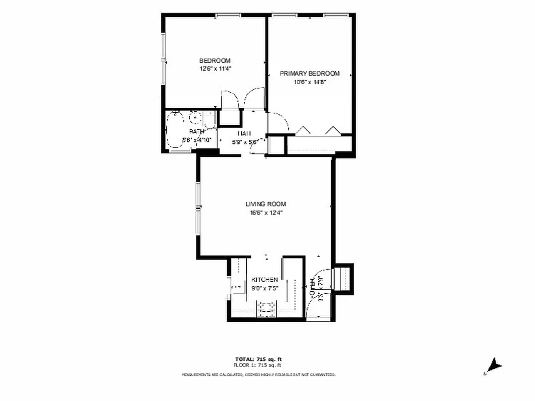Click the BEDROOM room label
(215, 61)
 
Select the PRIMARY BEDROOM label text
(310, 74)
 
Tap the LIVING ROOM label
(265, 204)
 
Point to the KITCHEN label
(264, 279)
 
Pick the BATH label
(190, 132)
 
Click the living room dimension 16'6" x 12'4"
(265, 213)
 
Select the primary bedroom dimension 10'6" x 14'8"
(310, 82)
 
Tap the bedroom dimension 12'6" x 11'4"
(215, 69)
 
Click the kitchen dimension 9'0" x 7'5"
(265, 288)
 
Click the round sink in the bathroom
(195, 119)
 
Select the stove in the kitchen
(266, 309)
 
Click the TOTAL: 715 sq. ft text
(259, 359)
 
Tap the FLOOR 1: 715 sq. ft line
(259, 366)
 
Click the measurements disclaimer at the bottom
(258, 374)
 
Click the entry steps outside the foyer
(344, 278)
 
